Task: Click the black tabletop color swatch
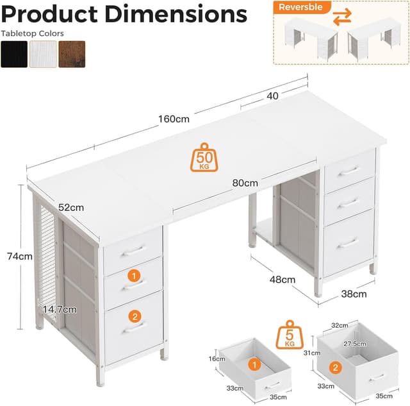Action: [x=14, y=54]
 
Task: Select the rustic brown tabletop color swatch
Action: [x=72, y=54]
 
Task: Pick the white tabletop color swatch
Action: [x=43, y=54]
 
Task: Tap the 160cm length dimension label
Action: [x=174, y=119]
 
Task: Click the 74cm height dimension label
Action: [x=20, y=257]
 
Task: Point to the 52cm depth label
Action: [x=71, y=208]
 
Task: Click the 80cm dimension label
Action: [x=245, y=183]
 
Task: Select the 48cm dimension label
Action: [x=283, y=280]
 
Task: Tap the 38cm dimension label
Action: [x=354, y=294]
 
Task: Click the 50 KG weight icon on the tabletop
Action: [x=204, y=157]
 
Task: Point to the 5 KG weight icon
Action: [x=290, y=335]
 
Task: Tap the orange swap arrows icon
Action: [x=342, y=17]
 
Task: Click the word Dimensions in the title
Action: [x=177, y=14]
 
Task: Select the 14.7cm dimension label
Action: [x=60, y=310]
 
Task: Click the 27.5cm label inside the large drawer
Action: [x=355, y=344]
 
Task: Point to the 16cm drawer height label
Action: [x=217, y=359]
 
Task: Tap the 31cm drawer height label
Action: [x=312, y=353]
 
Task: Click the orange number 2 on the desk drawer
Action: [x=135, y=316]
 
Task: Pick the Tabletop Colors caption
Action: [x=33, y=33]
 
